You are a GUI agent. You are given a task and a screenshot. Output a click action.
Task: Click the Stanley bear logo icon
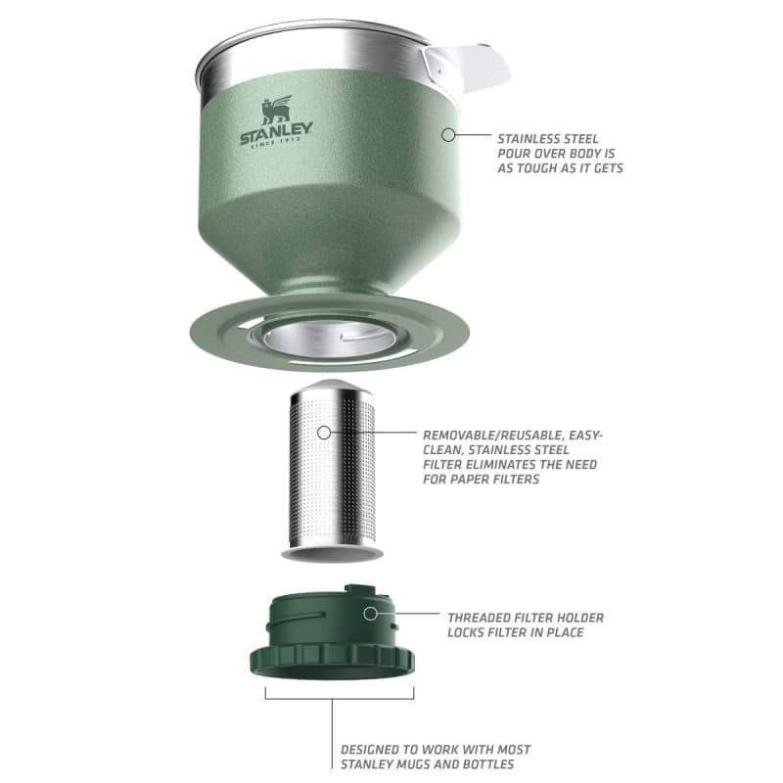(x=275, y=110)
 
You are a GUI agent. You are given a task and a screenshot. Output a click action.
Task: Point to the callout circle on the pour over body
(x=448, y=134)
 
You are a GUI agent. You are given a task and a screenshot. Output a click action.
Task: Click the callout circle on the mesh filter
(x=326, y=432)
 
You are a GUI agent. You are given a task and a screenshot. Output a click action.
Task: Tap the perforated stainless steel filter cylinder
(x=333, y=470)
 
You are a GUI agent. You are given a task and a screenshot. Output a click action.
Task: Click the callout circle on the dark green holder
(x=370, y=614)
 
